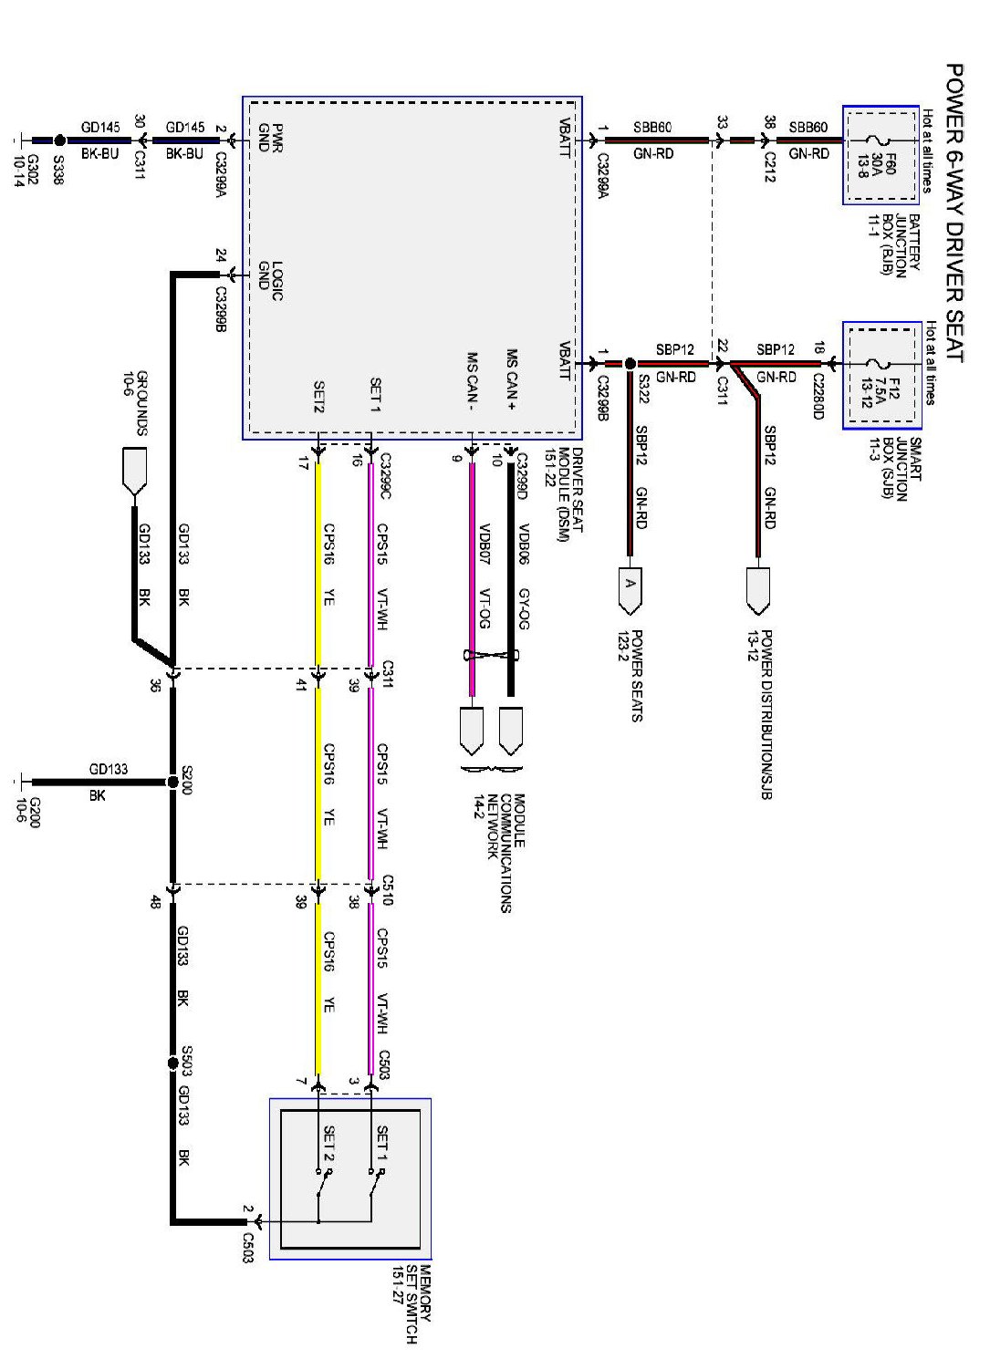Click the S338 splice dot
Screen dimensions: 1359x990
point(59,140)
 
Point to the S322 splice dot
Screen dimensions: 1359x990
point(630,363)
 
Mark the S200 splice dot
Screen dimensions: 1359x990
point(172,783)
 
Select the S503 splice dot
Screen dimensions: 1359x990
point(172,1063)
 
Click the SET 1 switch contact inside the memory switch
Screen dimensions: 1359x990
point(372,1186)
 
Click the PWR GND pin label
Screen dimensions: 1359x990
point(271,138)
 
